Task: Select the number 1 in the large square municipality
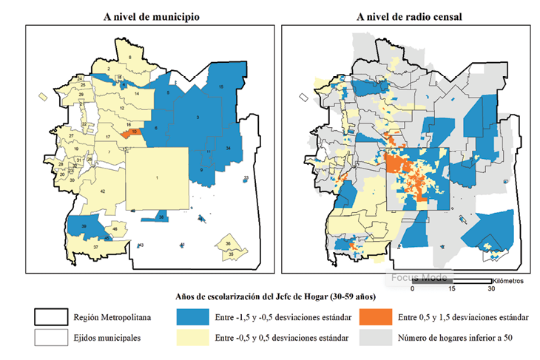pos(157,177)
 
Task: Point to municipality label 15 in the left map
pos(221,88)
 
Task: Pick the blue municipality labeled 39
pos(84,226)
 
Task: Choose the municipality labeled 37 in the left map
pos(95,247)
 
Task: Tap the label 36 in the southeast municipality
pos(229,244)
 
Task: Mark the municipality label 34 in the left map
pos(229,149)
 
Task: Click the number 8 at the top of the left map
pos(130,57)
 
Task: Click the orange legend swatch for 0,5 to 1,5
pos(375,317)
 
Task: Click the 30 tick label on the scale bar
pos(491,289)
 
